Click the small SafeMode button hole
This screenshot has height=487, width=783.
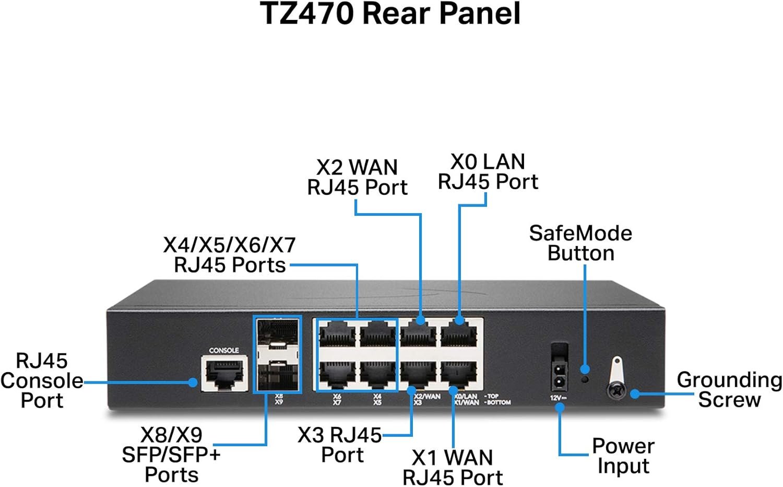[x=585, y=379]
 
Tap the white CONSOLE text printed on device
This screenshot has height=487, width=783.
[x=224, y=350]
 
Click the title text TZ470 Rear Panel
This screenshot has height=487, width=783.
[x=390, y=14]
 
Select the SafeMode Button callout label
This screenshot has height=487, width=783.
[x=580, y=243]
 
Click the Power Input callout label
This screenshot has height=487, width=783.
[x=623, y=456]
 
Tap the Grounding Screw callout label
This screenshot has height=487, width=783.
[x=729, y=389]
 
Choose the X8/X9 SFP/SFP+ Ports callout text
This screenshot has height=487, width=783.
[x=171, y=455]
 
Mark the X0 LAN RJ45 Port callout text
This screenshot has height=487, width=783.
[x=488, y=171]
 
